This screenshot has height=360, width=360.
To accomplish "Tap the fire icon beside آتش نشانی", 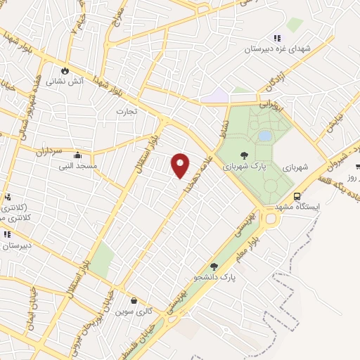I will click(x=65, y=70).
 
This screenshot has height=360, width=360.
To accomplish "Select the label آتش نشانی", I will click(x=65, y=82).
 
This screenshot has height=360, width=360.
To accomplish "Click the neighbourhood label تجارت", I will click(x=127, y=111).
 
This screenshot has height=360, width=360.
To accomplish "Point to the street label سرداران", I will click(x=49, y=150).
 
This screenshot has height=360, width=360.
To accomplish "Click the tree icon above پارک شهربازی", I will click(x=244, y=155).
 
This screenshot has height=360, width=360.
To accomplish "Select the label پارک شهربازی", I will click(x=243, y=167).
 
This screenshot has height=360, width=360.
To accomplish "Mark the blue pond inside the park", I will click(x=264, y=136).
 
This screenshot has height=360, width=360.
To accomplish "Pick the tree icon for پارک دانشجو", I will click(x=213, y=266).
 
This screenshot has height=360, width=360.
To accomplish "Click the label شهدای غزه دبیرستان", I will click(x=276, y=49).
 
